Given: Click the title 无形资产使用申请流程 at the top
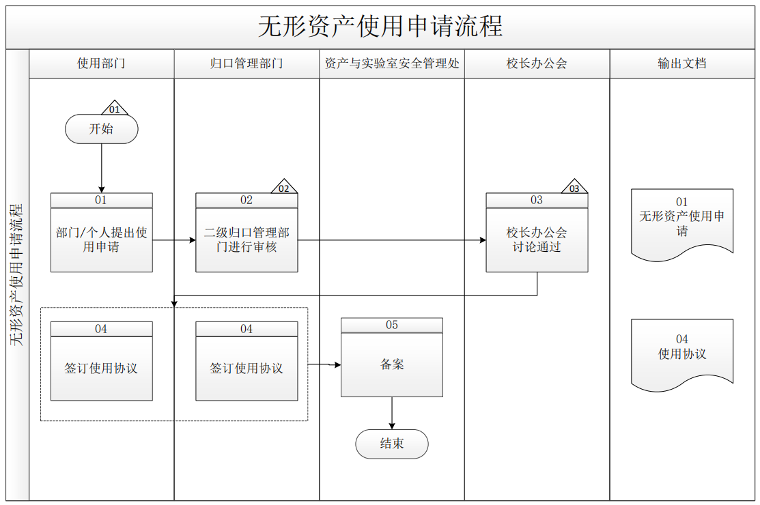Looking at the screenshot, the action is [380, 26].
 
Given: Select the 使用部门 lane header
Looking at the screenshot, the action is [101, 63].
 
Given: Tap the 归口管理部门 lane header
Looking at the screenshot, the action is [247, 63].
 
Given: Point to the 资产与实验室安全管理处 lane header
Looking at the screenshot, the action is [392, 63].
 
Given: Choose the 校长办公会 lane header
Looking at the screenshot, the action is [537, 63].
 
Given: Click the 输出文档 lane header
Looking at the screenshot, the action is [682, 63].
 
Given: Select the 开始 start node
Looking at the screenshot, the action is [101, 129].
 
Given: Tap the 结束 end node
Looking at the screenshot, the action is [392, 444].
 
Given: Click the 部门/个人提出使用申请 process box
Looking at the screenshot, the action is [101, 233].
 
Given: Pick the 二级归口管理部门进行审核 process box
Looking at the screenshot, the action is [247, 233].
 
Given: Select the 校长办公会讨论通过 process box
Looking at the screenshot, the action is [537, 233].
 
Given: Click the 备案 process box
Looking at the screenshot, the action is [392, 358].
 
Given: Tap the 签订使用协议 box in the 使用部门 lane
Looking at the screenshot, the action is [101, 361].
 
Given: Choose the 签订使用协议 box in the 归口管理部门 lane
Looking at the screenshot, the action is [247, 361].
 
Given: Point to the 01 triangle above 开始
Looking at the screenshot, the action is [115, 109].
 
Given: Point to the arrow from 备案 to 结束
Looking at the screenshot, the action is [392, 413].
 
